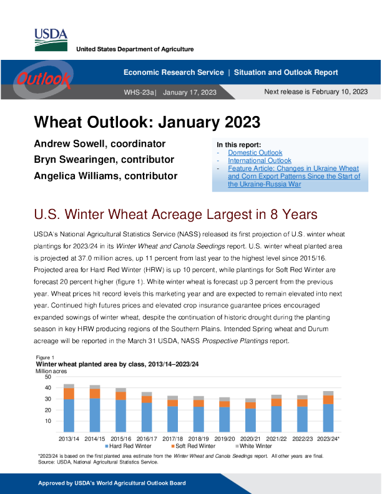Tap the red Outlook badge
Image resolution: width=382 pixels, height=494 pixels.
43,79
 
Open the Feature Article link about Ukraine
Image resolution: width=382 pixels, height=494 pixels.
293,177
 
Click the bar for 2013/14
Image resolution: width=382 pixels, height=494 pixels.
69,409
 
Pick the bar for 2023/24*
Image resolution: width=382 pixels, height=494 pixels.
328,412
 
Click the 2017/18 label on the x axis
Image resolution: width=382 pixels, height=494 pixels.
172,438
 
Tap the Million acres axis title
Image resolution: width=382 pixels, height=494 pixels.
52,370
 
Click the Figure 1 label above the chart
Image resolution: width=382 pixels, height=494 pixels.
46,357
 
